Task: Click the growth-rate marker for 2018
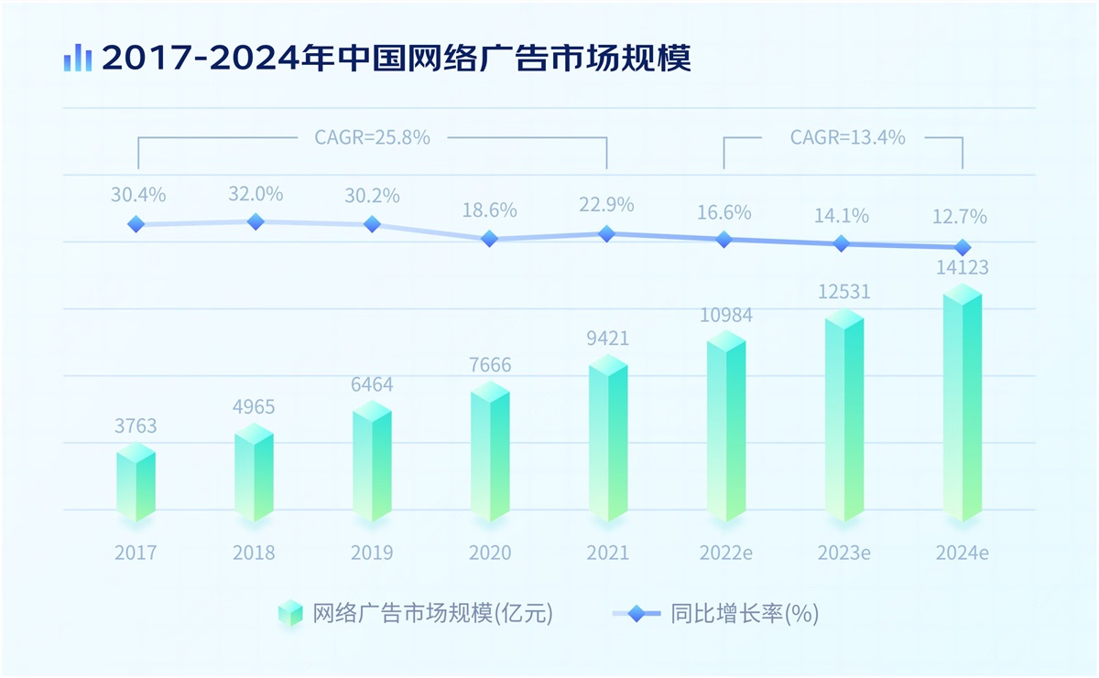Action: pyautogui.click(x=256, y=221)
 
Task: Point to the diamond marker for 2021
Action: pyautogui.click(x=606, y=233)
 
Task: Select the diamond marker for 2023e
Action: pyautogui.click(x=842, y=243)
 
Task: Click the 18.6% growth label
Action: pyautogui.click(x=489, y=210)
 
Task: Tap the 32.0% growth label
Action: pyautogui.click(x=256, y=194)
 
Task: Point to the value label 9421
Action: pyautogui.click(x=607, y=339)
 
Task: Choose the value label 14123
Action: pyautogui.click(x=961, y=268)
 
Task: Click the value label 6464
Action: pyautogui.click(x=372, y=384)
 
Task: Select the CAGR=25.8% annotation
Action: pyautogui.click(x=372, y=138)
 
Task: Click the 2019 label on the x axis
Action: pyautogui.click(x=372, y=553)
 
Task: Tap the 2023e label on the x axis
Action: pyautogui.click(x=843, y=553)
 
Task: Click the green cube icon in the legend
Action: pyautogui.click(x=290, y=613)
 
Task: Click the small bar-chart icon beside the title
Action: pyautogui.click(x=78, y=58)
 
